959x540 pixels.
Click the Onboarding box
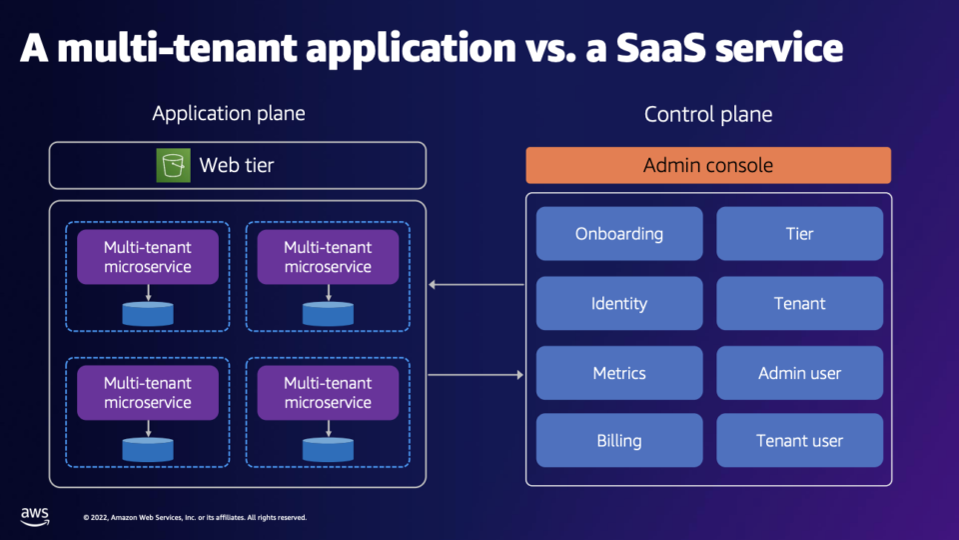[618, 234]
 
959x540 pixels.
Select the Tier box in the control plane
[799, 234]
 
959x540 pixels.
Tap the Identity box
[618, 304]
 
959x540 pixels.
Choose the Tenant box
[799, 304]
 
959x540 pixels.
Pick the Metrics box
[618, 373]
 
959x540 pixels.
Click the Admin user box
[799, 373]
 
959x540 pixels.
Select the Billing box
[618, 441]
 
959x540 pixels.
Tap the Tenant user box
[799, 441]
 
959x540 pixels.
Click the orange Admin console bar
[707, 165]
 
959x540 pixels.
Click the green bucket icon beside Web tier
[173, 165]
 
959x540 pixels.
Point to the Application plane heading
[229, 113]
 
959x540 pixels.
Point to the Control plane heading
[707, 114]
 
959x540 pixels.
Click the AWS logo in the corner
[35, 515]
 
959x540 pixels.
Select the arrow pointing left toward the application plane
[476, 285]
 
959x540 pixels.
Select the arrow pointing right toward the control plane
[476, 375]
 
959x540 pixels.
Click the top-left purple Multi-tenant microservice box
[148, 257]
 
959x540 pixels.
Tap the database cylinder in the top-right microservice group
[328, 313]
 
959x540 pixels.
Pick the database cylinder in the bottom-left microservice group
[148, 449]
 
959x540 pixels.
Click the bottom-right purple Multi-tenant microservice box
[328, 393]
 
